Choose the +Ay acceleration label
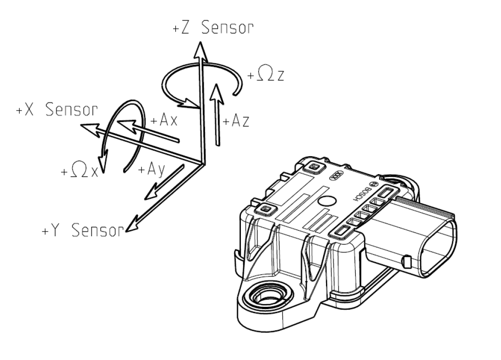[151, 169]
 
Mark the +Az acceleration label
[236, 122]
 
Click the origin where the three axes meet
[202, 163]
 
